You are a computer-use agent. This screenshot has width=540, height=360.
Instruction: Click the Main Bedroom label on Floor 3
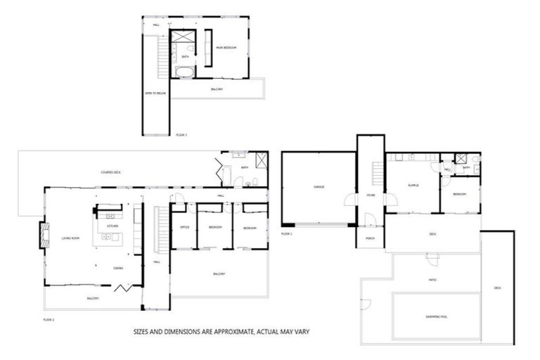click(226, 47)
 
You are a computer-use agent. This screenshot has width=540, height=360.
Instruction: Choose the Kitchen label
click(113, 226)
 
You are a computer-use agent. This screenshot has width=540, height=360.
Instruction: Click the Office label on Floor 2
click(185, 228)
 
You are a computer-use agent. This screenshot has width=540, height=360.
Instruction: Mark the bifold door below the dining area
click(122, 288)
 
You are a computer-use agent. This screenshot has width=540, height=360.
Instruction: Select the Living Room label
click(70, 238)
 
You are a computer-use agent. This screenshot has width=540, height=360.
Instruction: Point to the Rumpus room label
click(413, 185)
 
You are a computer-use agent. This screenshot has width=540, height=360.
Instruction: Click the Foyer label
click(370, 195)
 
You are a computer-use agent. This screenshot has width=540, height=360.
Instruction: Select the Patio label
click(432, 280)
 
